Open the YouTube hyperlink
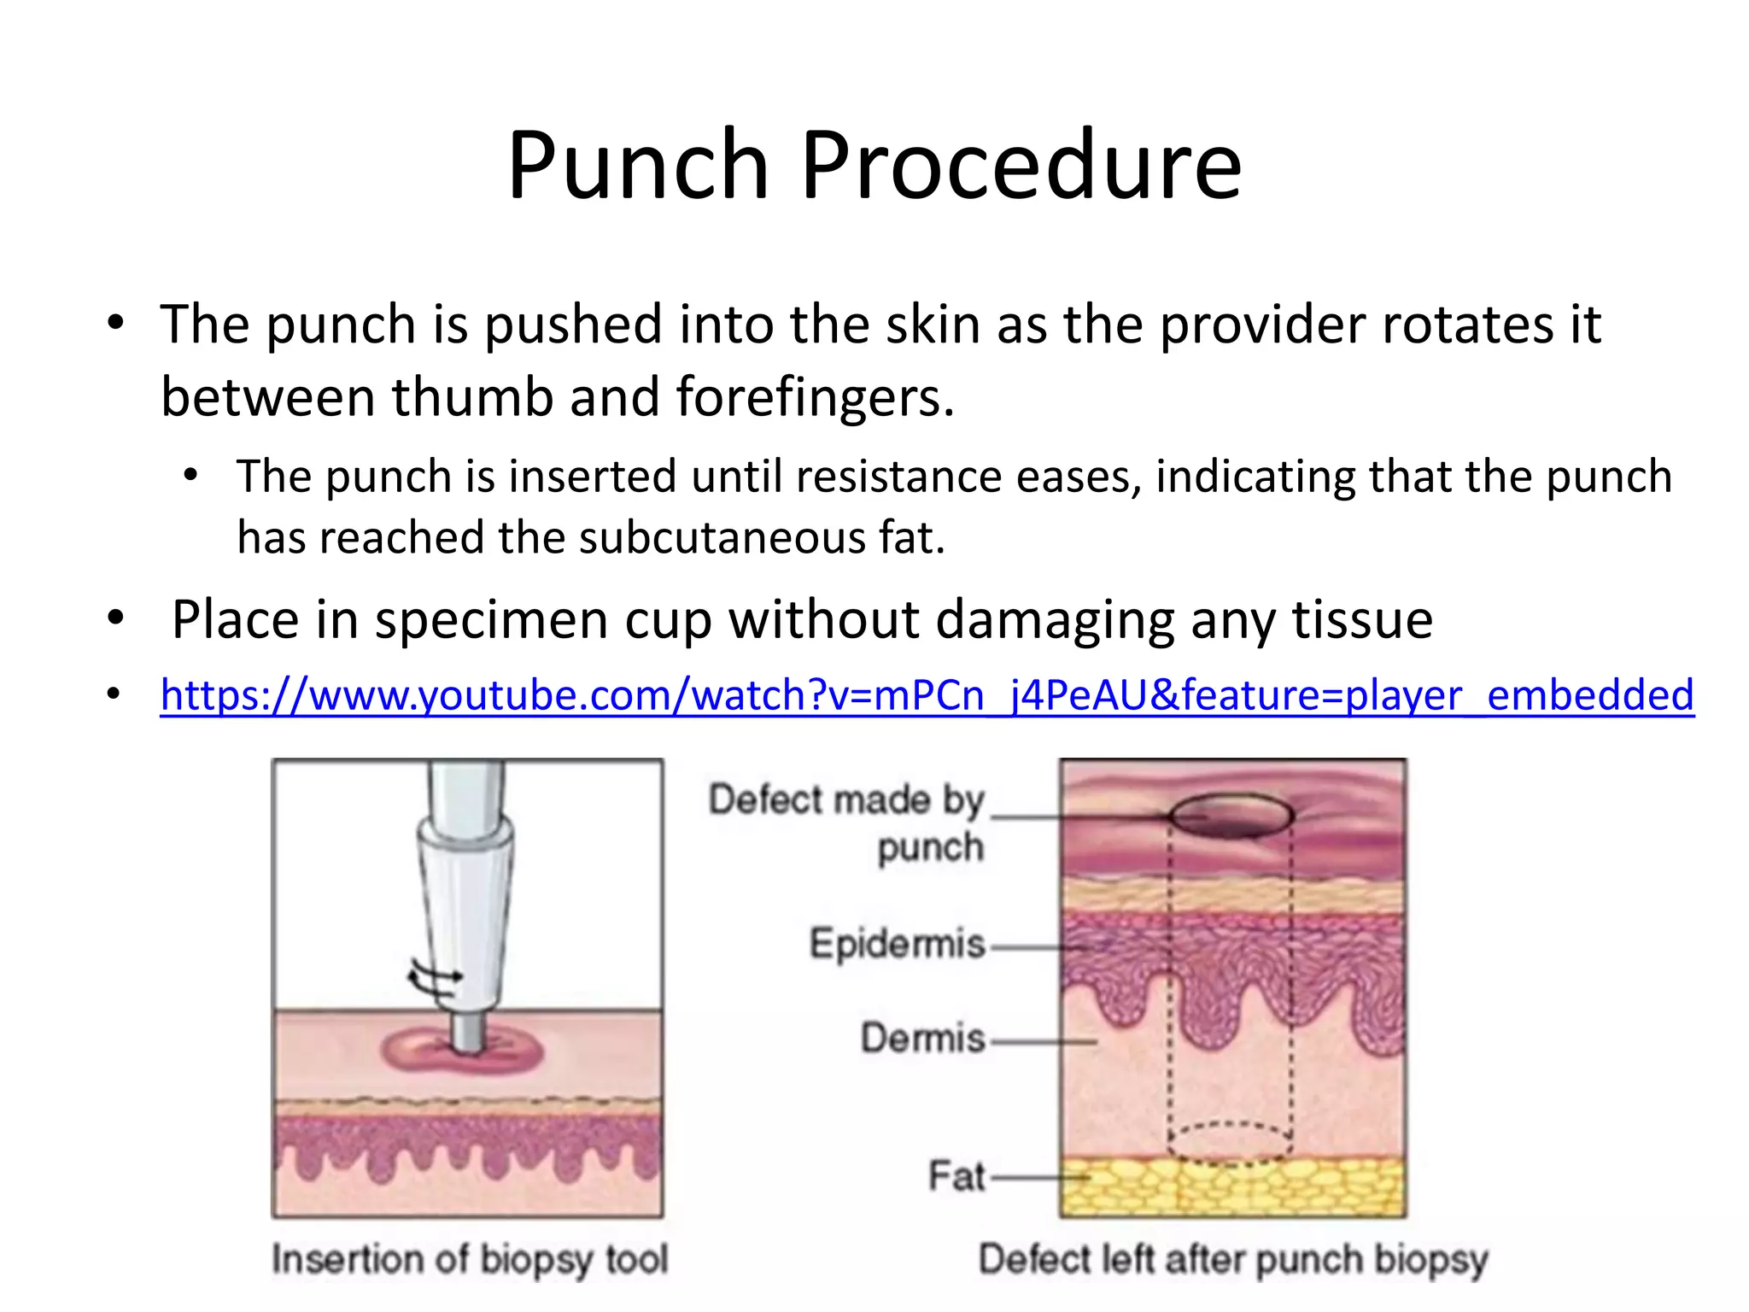click(x=927, y=695)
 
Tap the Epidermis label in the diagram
click(x=897, y=945)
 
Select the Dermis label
click(x=922, y=1039)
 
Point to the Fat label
click(x=956, y=1177)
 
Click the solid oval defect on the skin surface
click(x=1231, y=817)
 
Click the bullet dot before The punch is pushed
click(x=116, y=325)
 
